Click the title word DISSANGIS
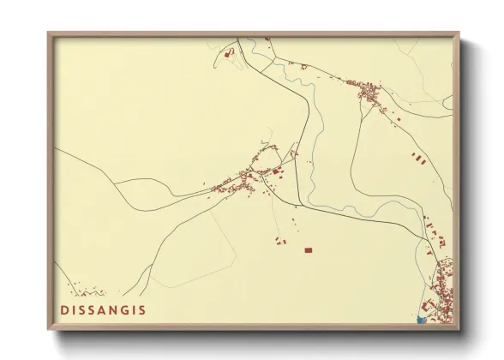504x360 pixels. [x=103, y=310]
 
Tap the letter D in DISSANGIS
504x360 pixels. [x=64, y=310]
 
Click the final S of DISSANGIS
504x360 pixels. [x=141, y=310]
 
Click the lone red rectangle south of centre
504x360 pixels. [x=309, y=250]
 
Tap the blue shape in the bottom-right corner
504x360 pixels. [x=420, y=321]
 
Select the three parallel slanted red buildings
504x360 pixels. [x=417, y=158]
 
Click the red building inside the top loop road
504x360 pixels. [x=229, y=53]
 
